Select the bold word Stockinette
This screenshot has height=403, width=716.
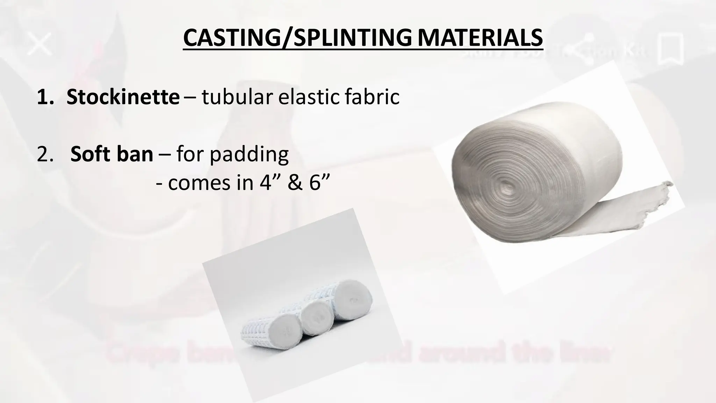(123, 97)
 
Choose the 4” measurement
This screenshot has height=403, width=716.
(267, 182)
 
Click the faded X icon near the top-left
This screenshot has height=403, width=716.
(40, 43)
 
